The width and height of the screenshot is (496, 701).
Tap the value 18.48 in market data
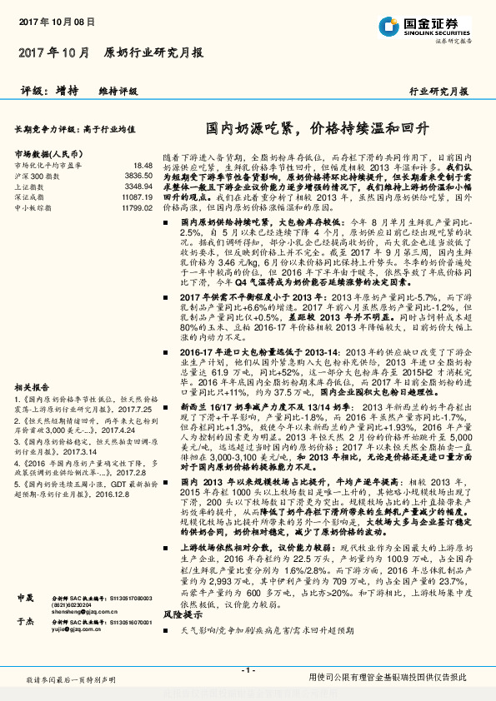[x=143, y=167]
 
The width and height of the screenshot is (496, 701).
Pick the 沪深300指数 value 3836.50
[x=137, y=176]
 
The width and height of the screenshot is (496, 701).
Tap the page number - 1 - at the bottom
[x=246, y=670]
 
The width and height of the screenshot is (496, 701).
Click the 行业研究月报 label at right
[x=438, y=92]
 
